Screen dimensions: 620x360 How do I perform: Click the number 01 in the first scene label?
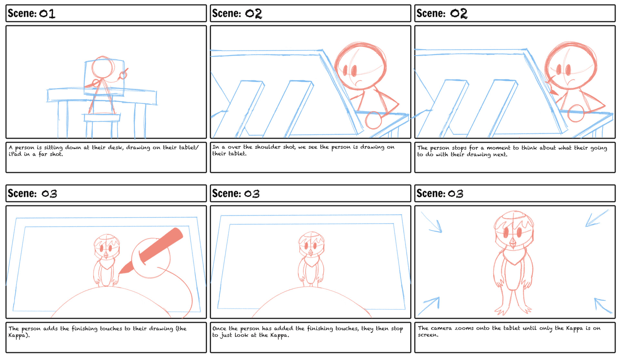pyautogui.click(x=47, y=14)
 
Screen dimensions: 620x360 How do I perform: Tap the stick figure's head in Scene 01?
pyautogui.click(x=103, y=67)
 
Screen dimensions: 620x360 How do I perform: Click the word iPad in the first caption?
pyautogui.click(x=15, y=154)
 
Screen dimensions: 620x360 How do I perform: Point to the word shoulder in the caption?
pyautogui.click(x=268, y=147)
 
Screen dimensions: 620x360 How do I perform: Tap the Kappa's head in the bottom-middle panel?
pyautogui.click(x=311, y=244)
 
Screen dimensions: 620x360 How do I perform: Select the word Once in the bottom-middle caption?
pyautogui.click(x=219, y=328)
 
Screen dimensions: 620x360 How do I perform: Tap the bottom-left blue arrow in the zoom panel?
pyautogui.click(x=429, y=306)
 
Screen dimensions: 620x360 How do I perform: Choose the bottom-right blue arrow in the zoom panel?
pyautogui.click(x=603, y=305)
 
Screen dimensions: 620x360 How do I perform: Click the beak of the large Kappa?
pyautogui.click(x=513, y=243)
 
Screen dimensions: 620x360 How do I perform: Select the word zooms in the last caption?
pyautogui.click(x=464, y=328)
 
